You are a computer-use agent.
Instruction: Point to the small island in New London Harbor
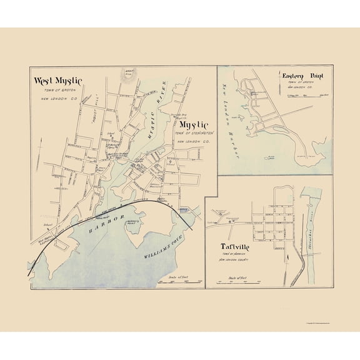pos(271,159)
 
